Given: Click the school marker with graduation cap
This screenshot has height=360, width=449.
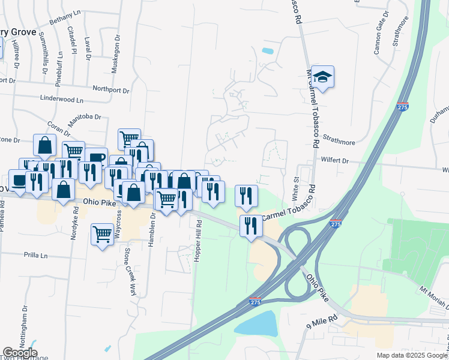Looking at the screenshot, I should tap(322, 77).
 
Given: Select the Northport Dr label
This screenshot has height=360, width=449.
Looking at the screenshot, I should tap(111, 89).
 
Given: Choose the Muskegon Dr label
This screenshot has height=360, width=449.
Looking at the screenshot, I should tap(116, 53).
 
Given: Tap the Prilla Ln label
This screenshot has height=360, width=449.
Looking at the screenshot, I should tap(35, 255).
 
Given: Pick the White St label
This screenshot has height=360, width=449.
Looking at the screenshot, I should tap(295, 188).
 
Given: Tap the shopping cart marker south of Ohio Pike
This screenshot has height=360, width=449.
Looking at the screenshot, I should tap(103, 234).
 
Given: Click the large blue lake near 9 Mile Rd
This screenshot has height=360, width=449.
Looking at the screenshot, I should tap(256, 325).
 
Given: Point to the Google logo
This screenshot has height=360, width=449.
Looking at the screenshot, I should tap(20, 353).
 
